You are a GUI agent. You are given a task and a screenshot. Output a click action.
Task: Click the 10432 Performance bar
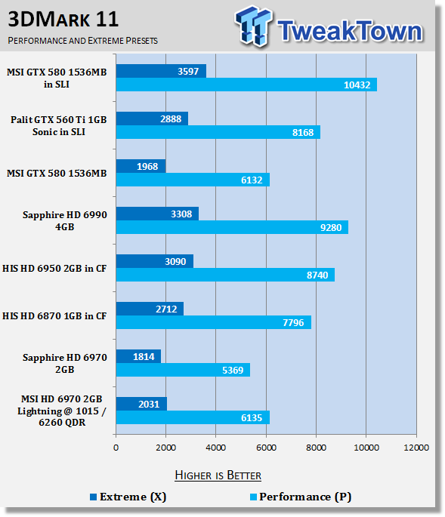(x=246, y=85)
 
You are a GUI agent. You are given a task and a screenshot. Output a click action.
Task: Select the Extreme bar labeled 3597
(x=161, y=71)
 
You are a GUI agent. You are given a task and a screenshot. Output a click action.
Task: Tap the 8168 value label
(x=303, y=133)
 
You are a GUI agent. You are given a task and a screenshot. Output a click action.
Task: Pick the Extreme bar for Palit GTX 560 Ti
(x=152, y=118)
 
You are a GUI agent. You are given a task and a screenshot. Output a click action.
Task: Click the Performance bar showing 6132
(x=193, y=180)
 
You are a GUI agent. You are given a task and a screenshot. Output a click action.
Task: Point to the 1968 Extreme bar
(x=141, y=166)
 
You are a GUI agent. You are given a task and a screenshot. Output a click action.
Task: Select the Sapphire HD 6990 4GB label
(x=65, y=220)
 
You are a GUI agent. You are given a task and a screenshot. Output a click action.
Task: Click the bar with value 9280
(x=232, y=227)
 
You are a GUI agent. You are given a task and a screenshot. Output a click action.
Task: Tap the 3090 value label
(x=175, y=261)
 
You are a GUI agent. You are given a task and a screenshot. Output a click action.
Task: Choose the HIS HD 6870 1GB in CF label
(x=54, y=316)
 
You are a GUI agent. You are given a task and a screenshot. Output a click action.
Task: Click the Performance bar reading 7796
(x=214, y=322)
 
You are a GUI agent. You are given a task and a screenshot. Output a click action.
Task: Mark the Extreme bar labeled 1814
(x=139, y=356)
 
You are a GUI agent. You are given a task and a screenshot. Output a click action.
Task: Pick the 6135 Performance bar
(x=193, y=417)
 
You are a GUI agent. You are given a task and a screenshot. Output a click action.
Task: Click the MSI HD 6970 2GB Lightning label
(x=62, y=411)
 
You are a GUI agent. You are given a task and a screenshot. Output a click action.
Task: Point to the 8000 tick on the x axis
(x=316, y=448)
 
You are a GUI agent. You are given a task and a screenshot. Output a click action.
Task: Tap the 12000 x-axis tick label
(x=416, y=448)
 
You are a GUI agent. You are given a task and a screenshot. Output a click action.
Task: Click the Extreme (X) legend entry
(x=128, y=497)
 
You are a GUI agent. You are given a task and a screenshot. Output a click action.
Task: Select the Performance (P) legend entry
(x=301, y=497)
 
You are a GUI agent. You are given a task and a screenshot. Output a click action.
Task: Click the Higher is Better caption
(x=218, y=475)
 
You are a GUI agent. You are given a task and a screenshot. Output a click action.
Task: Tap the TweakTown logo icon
(x=254, y=26)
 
